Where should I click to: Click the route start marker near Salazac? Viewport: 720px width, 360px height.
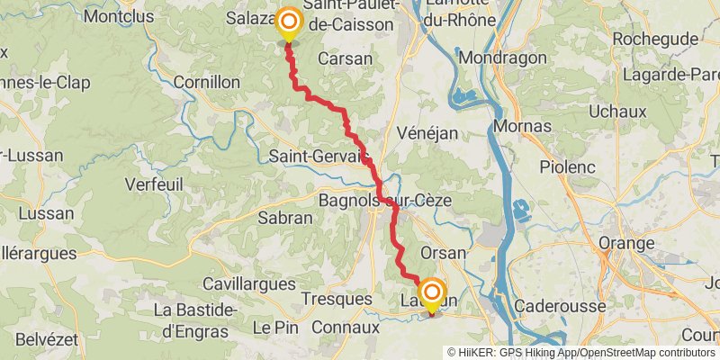click(x=289, y=22)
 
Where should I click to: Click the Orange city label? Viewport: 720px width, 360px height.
click(x=626, y=244)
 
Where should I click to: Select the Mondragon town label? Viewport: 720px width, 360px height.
click(x=502, y=58)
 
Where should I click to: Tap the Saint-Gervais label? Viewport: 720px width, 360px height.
click(x=319, y=157)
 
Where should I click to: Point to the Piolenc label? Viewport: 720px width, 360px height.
click(x=568, y=166)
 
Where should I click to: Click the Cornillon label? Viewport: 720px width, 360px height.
click(x=206, y=82)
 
